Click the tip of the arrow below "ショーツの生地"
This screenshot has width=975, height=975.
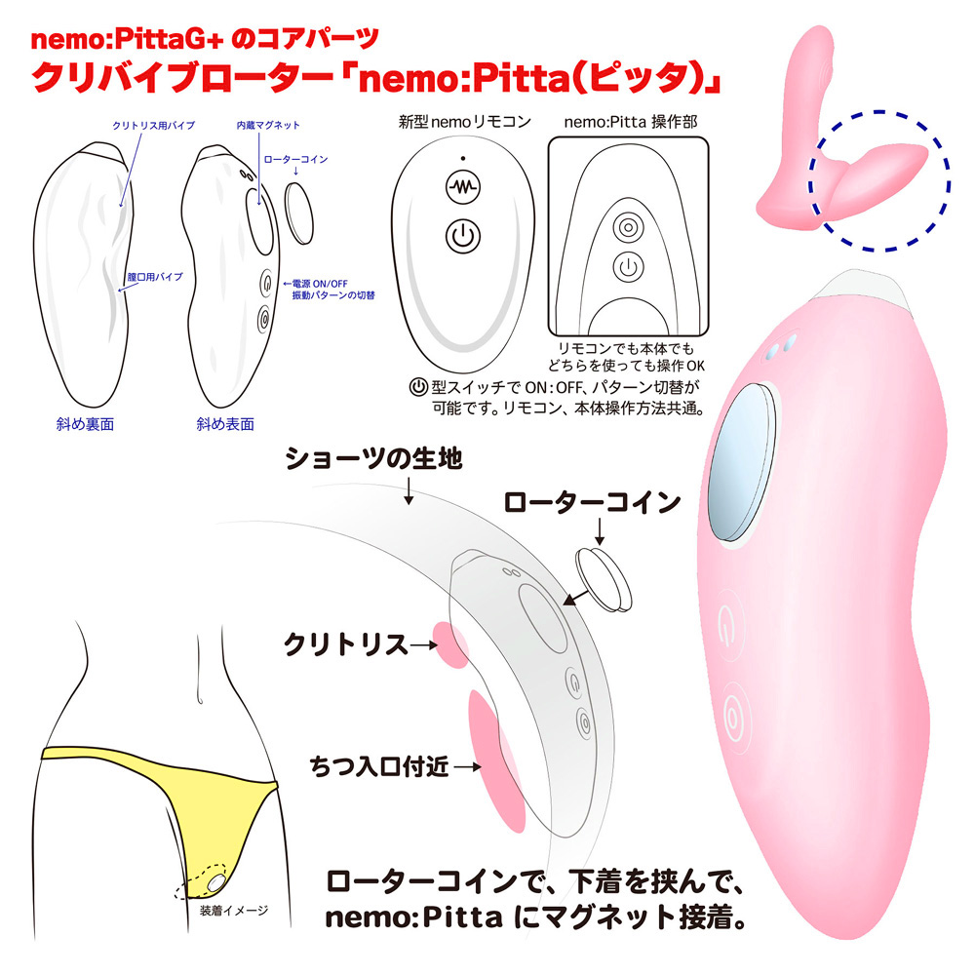tap(409, 504)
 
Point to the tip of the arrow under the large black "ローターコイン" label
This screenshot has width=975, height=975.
tap(600, 545)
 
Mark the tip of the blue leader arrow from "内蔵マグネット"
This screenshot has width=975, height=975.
tap(259, 205)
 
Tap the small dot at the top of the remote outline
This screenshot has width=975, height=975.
tap(462, 159)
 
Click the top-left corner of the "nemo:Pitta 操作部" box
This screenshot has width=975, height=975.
tap(548, 137)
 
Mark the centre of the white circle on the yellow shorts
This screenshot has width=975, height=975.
tap(215, 883)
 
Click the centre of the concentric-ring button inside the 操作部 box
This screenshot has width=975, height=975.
tap(628, 227)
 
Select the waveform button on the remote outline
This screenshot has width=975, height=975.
tap(462, 186)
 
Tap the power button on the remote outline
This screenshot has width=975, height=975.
tap(462, 236)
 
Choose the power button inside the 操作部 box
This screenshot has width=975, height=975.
tap(628, 268)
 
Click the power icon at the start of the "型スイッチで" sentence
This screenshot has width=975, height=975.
tap(418, 387)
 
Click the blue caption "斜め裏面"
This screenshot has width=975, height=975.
tap(85, 424)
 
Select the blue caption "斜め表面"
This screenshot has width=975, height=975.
tap(225, 424)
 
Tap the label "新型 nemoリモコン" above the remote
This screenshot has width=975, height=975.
tap(464, 122)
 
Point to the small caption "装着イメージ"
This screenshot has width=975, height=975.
tap(234, 911)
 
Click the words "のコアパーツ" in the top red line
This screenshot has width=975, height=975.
tap(304, 39)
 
